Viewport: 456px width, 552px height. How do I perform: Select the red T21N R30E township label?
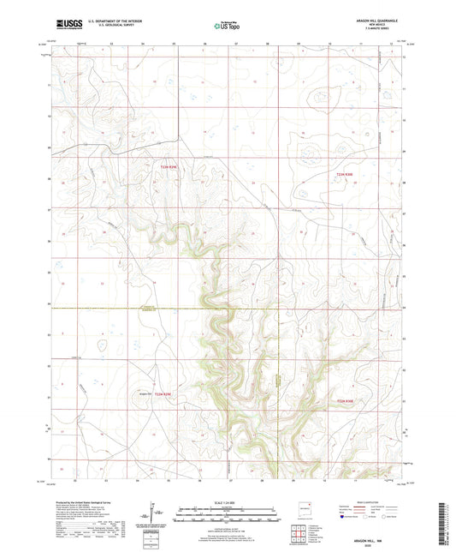click(344, 400)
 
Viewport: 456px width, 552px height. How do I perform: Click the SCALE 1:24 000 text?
click(228, 501)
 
